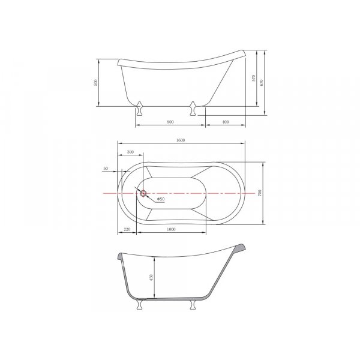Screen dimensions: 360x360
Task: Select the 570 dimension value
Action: tap(254, 79)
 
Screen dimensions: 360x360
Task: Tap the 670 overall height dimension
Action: tap(262, 82)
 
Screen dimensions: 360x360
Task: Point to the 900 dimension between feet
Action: tap(170, 121)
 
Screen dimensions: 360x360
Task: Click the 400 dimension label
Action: tap(225, 121)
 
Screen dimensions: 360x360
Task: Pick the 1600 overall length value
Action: tap(180, 140)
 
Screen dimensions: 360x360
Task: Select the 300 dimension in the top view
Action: tap(131, 152)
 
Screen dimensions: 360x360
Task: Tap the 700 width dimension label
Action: tap(260, 193)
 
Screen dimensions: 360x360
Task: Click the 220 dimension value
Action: tap(127, 230)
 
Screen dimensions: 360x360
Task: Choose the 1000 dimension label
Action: tap(170, 230)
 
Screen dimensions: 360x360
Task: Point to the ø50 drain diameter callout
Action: tap(161, 199)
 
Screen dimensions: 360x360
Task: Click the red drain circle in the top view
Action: tap(143, 193)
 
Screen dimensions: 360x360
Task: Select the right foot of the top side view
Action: tap(193, 108)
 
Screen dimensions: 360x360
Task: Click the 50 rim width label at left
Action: tap(106, 169)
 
